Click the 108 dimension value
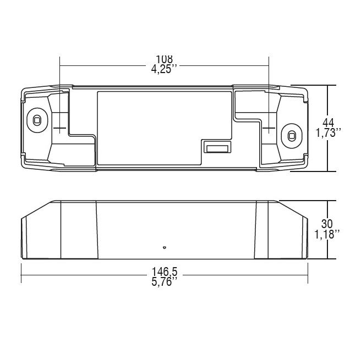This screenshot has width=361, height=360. pos(164,59)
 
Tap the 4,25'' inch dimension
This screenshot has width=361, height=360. pos(164,69)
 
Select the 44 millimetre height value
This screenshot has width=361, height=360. pos(328,123)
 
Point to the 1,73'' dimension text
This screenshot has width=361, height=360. pos(328,133)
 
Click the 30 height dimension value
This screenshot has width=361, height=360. pos(327,224)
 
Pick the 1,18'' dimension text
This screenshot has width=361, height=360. pos(327,235)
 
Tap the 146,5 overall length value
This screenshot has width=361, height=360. pos(165,272)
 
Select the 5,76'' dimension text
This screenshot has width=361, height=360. pos(165,281)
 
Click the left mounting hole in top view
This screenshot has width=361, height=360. pos(37,120)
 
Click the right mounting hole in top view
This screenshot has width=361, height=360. pos(292,136)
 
